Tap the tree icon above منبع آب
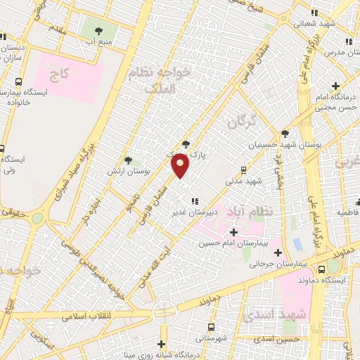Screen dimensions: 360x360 (98, 30)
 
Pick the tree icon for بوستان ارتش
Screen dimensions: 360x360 (128, 160)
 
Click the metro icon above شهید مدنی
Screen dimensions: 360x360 (243, 169)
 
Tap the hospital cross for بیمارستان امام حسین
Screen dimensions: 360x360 (233, 232)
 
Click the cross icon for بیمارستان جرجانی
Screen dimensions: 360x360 (278, 252)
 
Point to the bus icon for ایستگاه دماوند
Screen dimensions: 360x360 (321, 269)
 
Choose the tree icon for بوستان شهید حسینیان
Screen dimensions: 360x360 (285, 134)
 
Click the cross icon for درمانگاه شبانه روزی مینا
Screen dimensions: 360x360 (162, 344)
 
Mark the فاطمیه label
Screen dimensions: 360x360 (348, 212)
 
